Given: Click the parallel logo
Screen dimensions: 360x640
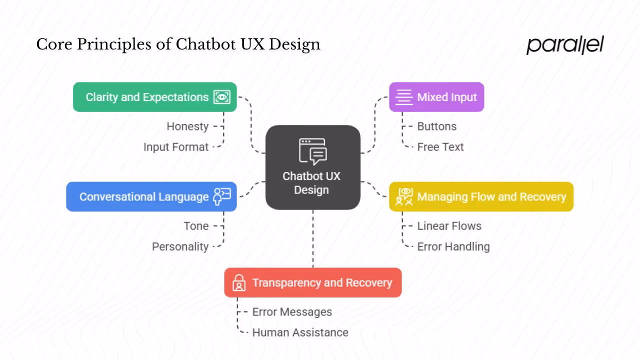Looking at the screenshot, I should coord(565,45).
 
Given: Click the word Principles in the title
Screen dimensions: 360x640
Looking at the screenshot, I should coord(121,44).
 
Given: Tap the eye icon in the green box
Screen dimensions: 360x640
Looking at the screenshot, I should coord(222,97).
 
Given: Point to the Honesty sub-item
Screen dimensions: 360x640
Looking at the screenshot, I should coord(187,126).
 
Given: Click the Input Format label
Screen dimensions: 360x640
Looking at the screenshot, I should coord(176,147).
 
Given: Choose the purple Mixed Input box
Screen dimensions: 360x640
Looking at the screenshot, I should coord(436,97).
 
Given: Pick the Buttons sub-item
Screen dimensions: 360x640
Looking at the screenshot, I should coord(436,126).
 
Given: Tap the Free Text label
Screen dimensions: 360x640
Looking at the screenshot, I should coord(440,147).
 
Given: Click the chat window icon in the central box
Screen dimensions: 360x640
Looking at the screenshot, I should coord(313,151).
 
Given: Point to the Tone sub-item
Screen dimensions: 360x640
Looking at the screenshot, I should coord(196,226).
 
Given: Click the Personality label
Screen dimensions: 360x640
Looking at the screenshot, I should coord(180,246).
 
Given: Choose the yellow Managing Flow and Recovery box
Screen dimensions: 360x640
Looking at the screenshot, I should coord(481,196).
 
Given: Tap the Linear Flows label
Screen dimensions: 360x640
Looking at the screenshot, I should coord(449,226).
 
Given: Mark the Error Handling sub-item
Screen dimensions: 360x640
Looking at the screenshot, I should coord(453,246).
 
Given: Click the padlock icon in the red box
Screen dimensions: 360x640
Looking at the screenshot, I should coord(239,282).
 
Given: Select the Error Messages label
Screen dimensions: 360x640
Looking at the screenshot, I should coord(292,312).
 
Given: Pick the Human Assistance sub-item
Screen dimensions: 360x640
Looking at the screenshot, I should coord(300,332).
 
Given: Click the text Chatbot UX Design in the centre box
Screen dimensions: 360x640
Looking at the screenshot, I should coord(311,183).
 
